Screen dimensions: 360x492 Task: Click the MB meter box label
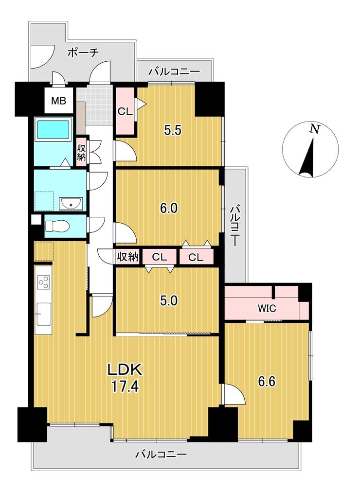(59, 101)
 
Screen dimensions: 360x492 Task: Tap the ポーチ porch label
(83, 52)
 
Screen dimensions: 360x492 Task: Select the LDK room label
(125, 370)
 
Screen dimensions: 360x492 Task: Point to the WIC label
(267, 308)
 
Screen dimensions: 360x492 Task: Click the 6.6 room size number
(267, 382)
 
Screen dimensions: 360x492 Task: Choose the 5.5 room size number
(173, 130)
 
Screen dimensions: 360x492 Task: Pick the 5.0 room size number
(169, 300)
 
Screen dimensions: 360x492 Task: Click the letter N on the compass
(314, 129)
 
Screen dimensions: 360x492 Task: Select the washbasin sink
(71, 205)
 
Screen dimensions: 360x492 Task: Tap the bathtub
(54, 130)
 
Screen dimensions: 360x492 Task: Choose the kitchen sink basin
(44, 315)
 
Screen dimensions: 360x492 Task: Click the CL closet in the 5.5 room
(125, 111)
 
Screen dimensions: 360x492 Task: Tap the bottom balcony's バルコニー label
(161, 454)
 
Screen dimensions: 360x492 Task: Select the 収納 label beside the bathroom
(81, 153)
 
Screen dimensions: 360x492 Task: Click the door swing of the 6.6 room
(234, 394)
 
